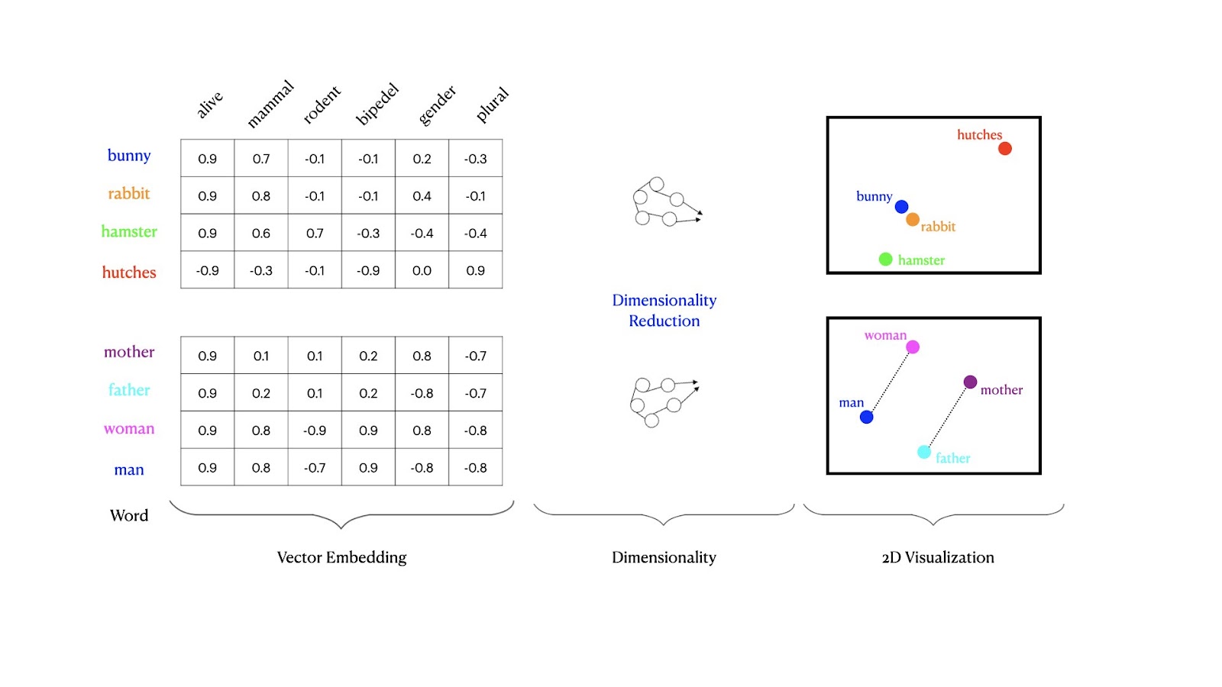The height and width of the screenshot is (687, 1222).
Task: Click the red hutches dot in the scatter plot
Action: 1005,148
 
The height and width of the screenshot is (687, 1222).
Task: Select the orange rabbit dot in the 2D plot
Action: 913,220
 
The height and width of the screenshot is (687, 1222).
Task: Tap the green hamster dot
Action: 885,260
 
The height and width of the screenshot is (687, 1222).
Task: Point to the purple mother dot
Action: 970,382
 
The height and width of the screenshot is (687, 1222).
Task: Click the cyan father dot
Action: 923,452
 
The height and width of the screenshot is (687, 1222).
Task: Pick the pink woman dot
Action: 913,347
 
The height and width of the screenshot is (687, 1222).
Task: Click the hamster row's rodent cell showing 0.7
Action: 315,233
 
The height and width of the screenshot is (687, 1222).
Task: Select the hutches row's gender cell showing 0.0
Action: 422,270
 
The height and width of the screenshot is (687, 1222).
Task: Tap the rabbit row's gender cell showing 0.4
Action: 422,195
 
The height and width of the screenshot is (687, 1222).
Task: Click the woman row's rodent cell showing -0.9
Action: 315,431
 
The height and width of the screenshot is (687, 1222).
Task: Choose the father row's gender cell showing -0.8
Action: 422,393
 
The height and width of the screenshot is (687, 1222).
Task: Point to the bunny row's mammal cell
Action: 261,159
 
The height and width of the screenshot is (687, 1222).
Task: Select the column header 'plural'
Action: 492,104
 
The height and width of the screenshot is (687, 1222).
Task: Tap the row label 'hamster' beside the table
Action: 129,231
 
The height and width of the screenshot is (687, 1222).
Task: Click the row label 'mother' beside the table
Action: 129,352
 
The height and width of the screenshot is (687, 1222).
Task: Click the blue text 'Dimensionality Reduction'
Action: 664,310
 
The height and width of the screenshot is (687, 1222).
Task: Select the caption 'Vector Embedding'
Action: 341,557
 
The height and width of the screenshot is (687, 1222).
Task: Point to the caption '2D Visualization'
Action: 938,557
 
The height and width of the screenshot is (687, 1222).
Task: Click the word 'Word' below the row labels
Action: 129,515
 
